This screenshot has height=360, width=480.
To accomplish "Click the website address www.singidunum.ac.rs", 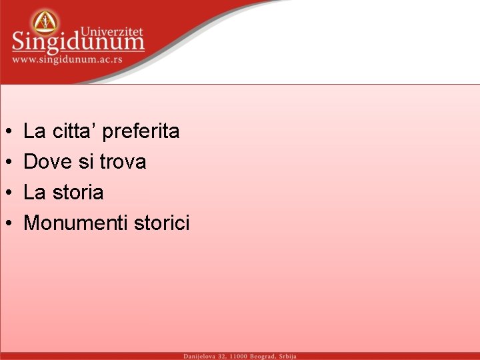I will [x=67, y=60].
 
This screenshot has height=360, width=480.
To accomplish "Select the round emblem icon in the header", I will [x=45, y=22].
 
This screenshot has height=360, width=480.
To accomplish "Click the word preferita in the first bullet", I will [x=141, y=131].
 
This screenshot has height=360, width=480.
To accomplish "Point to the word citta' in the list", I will [x=75, y=131].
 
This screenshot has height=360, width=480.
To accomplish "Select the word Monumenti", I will [x=75, y=223].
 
